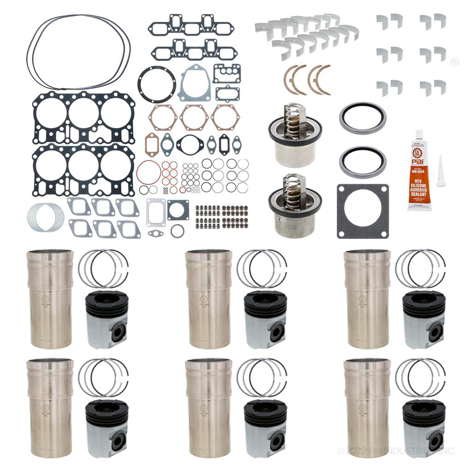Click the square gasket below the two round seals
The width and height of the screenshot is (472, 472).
coord(362,211)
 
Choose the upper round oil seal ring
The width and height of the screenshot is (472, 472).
coord(363,118)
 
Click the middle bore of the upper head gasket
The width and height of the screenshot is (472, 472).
coord(83,113)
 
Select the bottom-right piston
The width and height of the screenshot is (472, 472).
coord(424,428)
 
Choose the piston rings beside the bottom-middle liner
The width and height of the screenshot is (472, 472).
coord(261,378)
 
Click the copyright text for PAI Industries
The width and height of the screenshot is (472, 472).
coord(396,451)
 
